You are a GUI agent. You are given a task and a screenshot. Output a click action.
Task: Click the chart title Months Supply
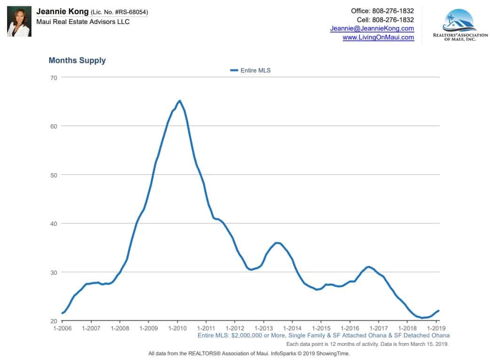tap(77, 60)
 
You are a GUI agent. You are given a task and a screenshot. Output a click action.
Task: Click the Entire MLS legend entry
tap(251, 70)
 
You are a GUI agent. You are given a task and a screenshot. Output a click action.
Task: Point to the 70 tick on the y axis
tap(53, 77)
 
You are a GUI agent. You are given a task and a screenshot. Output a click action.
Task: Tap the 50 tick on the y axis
tap(53, 175)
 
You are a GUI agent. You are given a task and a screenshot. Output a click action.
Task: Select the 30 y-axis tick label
tap(53, 272)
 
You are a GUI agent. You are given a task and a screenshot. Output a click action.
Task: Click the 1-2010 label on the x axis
tap(177, 328)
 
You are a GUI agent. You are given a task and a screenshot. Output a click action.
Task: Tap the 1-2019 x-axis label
tap(436, 328)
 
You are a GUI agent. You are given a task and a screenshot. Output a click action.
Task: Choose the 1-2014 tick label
tap(292, 328)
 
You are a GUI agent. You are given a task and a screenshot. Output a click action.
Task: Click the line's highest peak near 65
tap(179, 101)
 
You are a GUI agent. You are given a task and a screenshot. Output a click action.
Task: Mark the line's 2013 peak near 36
tap(277, 243)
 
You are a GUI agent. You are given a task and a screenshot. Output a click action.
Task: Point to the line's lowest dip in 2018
tap(422, 318)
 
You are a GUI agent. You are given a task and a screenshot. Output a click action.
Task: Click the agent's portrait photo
tap(19, 22)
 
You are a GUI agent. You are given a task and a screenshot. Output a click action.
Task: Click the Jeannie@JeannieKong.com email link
tap(372, 29)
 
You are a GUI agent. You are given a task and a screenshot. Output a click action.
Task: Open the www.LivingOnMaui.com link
tap(378, 38)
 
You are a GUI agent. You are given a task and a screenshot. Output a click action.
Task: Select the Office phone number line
tap(382, 11)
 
